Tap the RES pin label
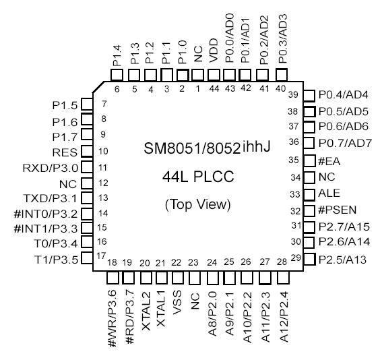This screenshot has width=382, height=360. pyautogui.click(x=67, y=152)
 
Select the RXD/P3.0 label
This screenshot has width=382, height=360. pyautogui.click(x=51, y=167)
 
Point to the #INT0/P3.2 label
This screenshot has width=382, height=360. pyautogui.click(x=44, y=213)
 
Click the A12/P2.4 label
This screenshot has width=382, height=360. pyautogui.click(x=282, y=322)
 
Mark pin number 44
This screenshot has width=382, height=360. pyautogui.click(x=215, y=88)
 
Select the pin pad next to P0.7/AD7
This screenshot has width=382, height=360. pyautogui.click(x=309, y=143)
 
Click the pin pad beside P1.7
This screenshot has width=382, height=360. pyautogui.click(x=86, y=136)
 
